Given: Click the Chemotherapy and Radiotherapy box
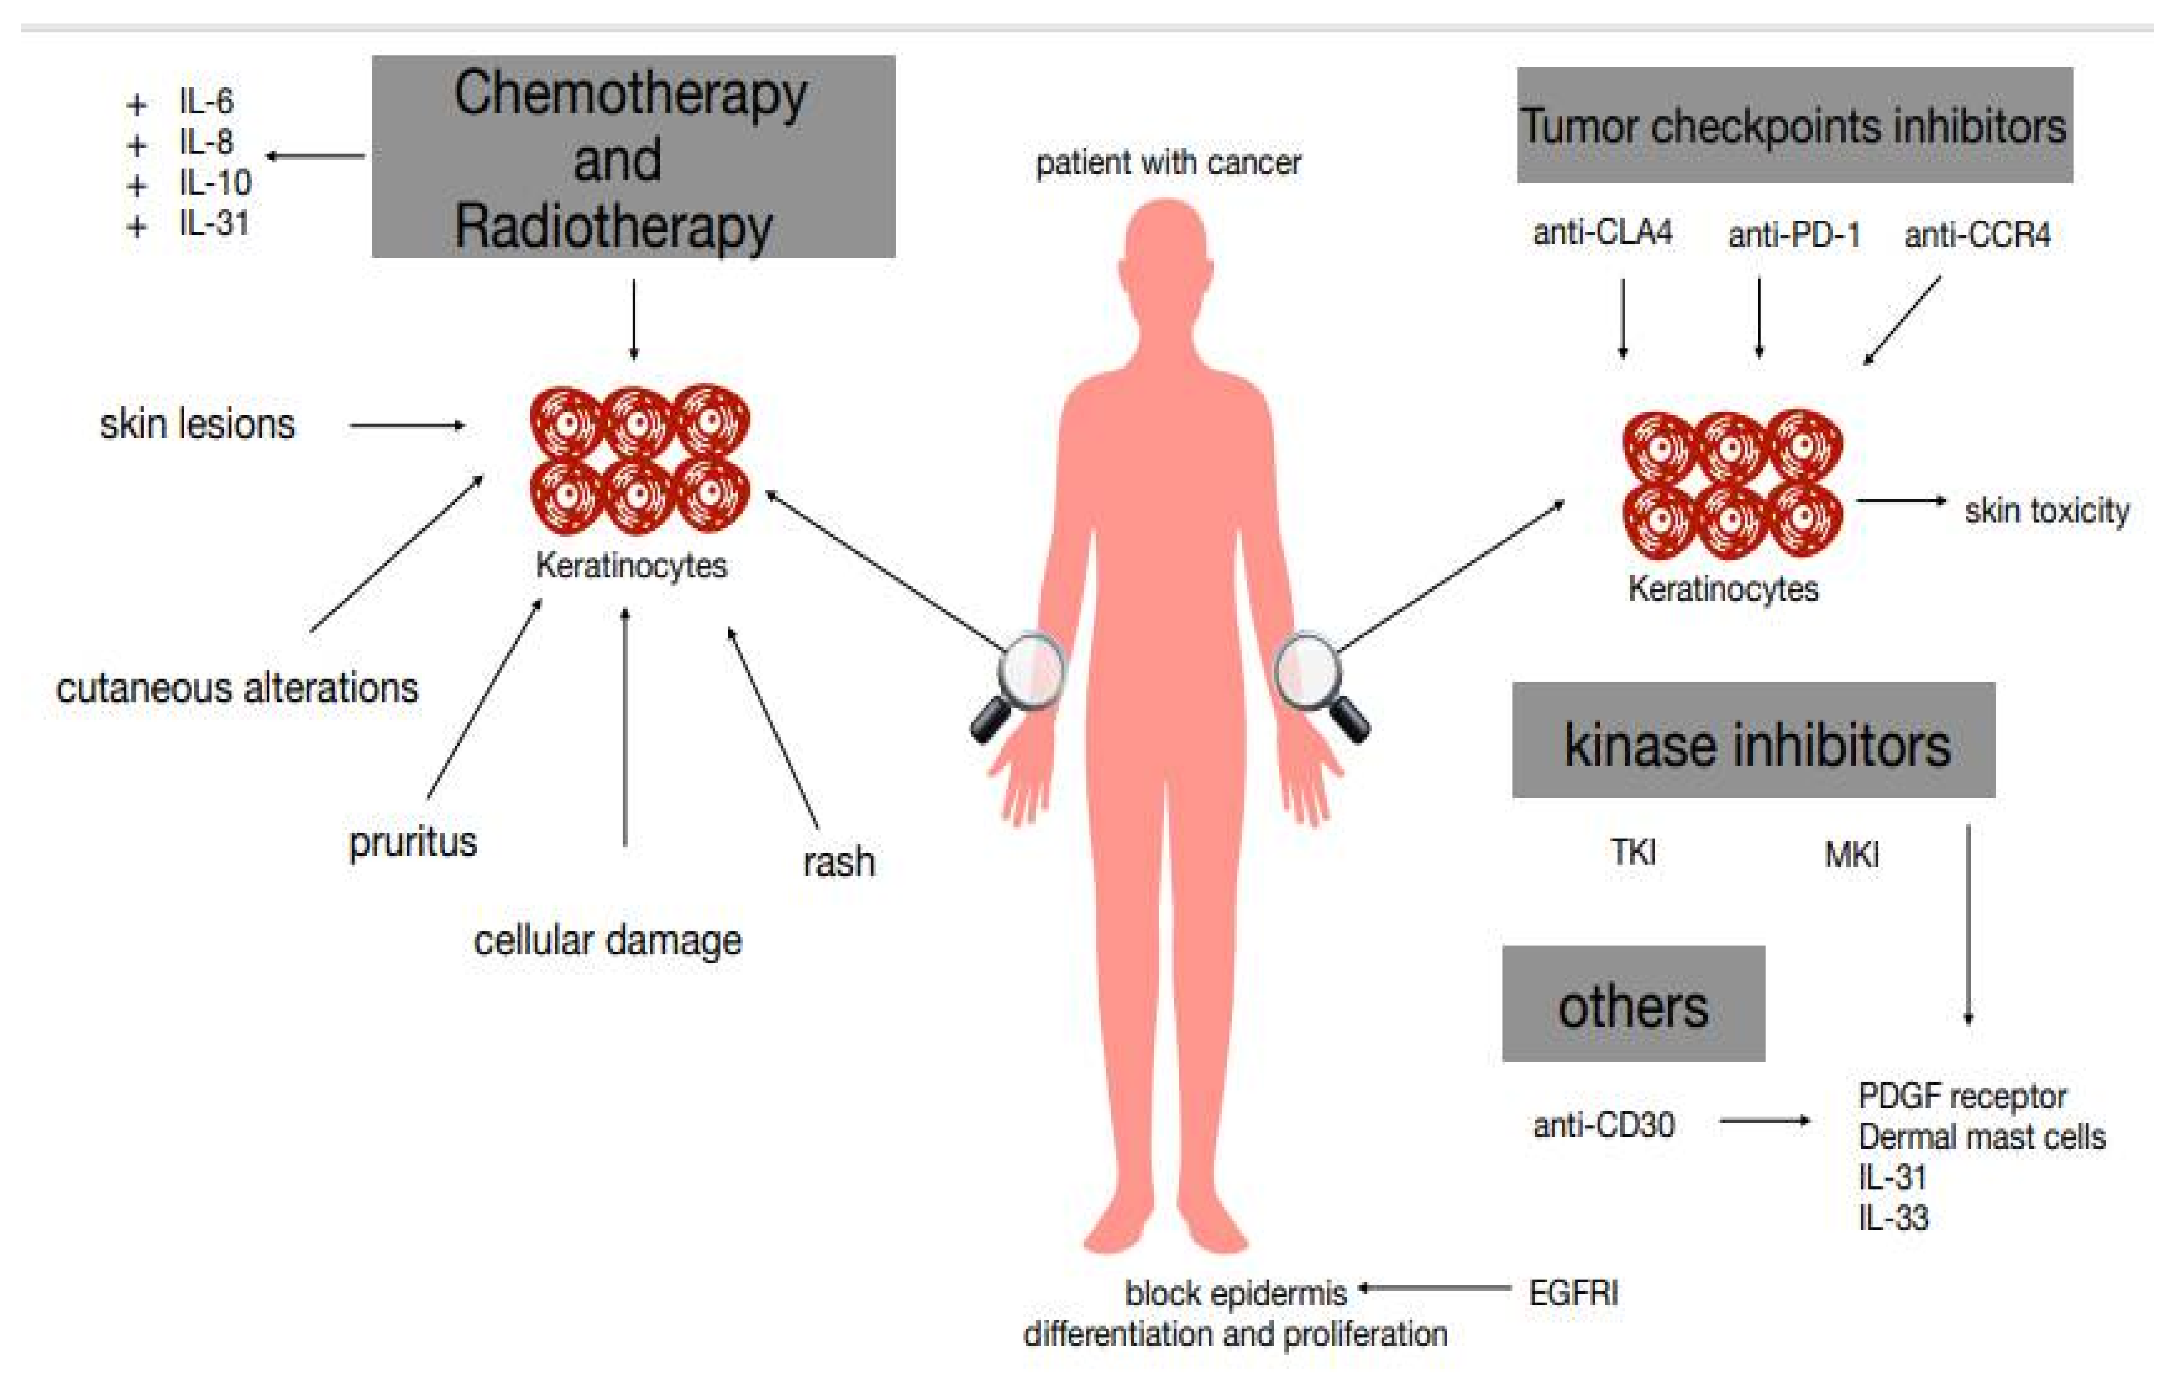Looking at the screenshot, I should [x=633, y=157].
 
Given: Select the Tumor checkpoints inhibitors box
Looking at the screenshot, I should [x=1794, y=126].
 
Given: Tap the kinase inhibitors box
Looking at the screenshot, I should [x=1753, y=741].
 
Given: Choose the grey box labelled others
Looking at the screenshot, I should [x=1633, y=1005].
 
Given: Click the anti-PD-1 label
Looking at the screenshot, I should [x=1794, y=236].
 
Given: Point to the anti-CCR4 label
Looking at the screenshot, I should [x=1977, y=236].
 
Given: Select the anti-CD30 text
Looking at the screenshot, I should [x=1603, y=1125].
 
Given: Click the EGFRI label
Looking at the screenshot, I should [x=1573, y=1293].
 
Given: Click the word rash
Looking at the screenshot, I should [x=838, y=862].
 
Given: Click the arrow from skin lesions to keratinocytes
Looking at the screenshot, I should [x=406, y=425].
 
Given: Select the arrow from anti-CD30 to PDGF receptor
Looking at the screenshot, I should [x=1764, y=1122].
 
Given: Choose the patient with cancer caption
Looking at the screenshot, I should [x=1168, y=164].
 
